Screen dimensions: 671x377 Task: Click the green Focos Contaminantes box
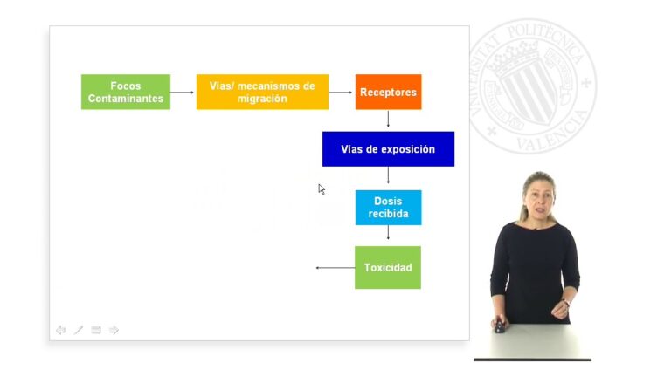(126, 92)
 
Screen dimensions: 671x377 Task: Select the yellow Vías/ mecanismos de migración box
(262, 92)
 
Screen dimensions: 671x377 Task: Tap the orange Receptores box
(388, 92)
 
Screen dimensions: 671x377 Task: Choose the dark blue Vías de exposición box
(388, 148)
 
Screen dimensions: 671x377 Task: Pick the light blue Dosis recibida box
(388, 208)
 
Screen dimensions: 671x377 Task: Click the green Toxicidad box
(388, 268)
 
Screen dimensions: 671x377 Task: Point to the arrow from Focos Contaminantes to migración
(182, 93)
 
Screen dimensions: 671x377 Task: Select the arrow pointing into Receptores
(341, 93)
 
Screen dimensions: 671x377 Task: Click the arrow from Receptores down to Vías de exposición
(388, 119)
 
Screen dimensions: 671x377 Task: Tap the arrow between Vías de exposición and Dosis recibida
(388, 175)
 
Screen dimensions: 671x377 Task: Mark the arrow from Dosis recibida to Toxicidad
(388, 232)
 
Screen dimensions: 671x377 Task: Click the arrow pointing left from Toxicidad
(335, 268)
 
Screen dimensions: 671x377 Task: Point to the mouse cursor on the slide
(322, 189)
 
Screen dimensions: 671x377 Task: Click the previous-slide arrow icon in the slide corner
(61, 330)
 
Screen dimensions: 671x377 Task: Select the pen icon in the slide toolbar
(79, 330)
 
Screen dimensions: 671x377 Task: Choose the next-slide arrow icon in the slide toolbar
(114, 330)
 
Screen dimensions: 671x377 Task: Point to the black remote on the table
(500, 326)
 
